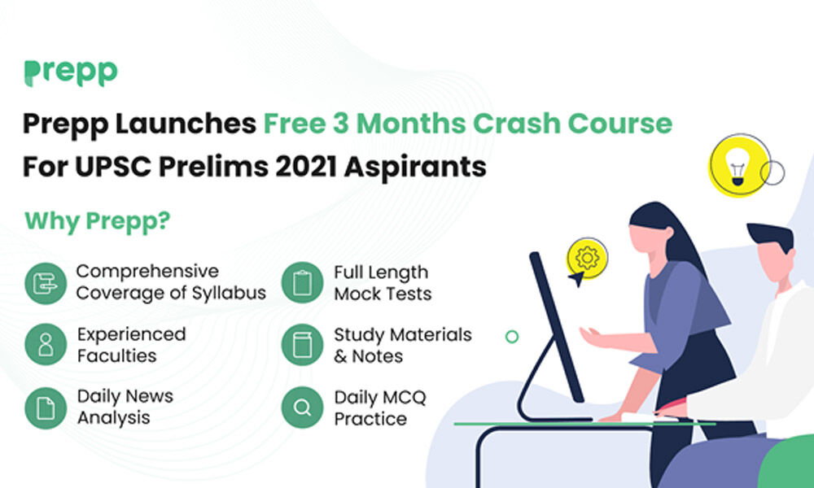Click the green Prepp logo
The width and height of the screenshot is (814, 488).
(x=70, y=72)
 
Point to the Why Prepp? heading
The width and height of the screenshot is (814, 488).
(x=97, y=220)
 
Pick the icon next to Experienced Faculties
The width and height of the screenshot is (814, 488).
(x=45, y=345)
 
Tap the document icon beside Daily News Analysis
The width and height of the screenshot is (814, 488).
(x=45, y=407)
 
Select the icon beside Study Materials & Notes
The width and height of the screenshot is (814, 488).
(x=302, y=345)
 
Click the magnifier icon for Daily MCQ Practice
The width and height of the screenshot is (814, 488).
(x=302, y=407)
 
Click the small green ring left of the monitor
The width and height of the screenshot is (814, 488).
(x=512, y=336)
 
